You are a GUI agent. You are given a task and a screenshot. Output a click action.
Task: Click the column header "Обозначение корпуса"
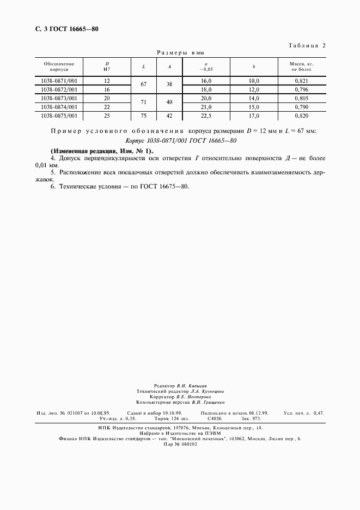[x=59, y=66]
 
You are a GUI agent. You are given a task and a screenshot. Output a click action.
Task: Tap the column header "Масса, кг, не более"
[x=302, y=66]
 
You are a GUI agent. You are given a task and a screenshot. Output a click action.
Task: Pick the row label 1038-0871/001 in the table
[x=59, y=81]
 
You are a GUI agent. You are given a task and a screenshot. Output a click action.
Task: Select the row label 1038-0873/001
[x=59, y=98]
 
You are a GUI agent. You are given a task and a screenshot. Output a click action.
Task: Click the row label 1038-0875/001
[x=59, y=116]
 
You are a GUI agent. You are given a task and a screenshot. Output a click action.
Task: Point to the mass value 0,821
[x=302, y=81]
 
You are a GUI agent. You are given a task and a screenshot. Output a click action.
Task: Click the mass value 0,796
[x=302, y=89]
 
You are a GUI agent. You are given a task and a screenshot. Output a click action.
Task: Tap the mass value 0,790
[x=302, y=107]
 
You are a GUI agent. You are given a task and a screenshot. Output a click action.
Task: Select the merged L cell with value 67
[x=143, y=85]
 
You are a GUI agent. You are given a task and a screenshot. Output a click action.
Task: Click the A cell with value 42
[x=169, y=116]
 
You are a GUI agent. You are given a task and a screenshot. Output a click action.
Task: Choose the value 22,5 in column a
[x=206, y=116]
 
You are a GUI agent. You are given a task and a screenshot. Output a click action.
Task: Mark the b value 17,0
[x=254, y=116]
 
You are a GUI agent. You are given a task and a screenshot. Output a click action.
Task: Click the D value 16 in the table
[x=107, y=89]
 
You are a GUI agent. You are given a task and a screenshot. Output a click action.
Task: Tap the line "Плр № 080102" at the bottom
[x=180, y=444]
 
